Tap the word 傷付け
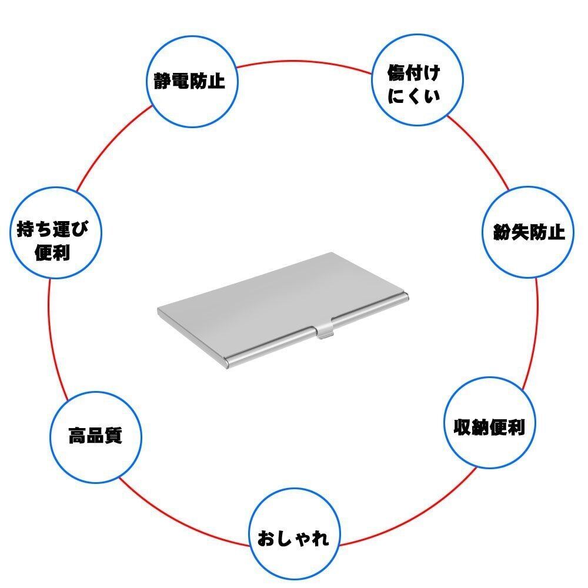click(413, 73)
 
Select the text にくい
click(414, 96)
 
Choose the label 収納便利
click(489, 427)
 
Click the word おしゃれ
click(293, 538)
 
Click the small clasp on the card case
click(325, 332)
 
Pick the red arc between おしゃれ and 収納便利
click(412, 517)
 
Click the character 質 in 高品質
click(113, 437)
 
